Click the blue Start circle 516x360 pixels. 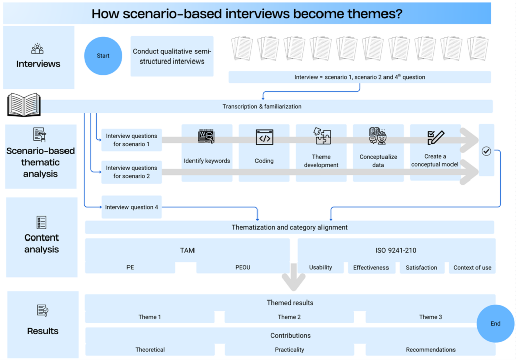[x=103, y=56]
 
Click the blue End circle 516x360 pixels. [x=495, y=323]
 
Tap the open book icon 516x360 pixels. [x=23, y=105]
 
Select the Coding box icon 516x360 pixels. [x=264, y=137]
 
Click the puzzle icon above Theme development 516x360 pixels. [x=321, y=137]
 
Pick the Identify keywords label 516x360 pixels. [x=207, y=161]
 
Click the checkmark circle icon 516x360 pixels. [x=486, y=151]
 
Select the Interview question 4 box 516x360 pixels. [x=132, y=207]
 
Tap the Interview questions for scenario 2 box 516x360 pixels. [x=132, y=172]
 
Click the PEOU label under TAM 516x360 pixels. [x=243, y=267]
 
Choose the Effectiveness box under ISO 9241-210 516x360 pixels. [x=371, y=267]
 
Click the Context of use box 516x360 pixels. [x=472, y=267]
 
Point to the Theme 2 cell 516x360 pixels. [x=289, y=317]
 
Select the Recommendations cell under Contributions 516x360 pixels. [x=430, y=349]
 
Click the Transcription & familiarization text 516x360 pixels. [x=262, y=106]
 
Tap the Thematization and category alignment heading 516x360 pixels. [x=289, y=227]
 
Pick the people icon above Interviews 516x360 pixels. [x=37, y=49]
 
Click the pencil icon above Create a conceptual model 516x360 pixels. [x=435, y=137]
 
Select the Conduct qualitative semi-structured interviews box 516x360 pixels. [x=172, y=56]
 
